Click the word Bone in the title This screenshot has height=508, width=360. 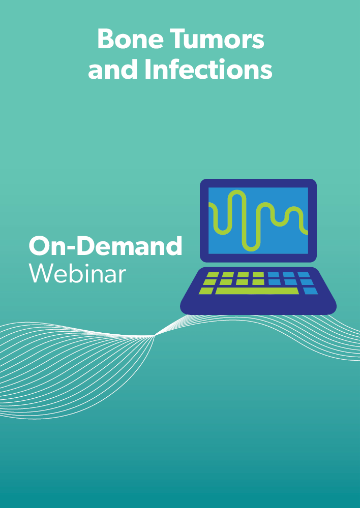tap(130, 39)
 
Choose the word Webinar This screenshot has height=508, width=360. tap(77, 274)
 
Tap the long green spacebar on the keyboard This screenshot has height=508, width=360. tap(257, 291)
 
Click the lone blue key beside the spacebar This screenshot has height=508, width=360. tap(310, 291)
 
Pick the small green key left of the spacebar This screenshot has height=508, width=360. tap(206, 291)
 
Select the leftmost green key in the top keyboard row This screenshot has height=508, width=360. tap(213, 274)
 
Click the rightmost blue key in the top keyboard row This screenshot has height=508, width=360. tap(304, 274)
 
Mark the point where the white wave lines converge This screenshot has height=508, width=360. tap(154, 336)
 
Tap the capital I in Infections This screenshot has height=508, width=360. tap(147, 69)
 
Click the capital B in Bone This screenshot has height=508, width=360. tap(105, 39)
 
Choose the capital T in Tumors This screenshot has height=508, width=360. tap(177, 39)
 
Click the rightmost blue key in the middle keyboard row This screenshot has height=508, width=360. tap(307, 282)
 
